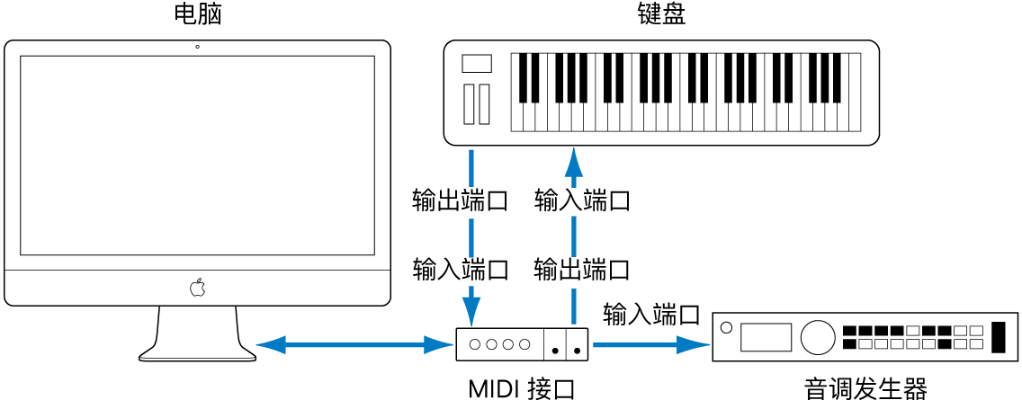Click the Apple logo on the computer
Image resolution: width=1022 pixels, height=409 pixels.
(x=197, y=288)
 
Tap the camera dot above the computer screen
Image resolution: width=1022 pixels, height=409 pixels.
(x=197, y=47)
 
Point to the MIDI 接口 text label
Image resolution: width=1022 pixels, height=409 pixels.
(x=521, y=389)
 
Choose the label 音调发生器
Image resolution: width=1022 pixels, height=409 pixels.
(x=865, y=389)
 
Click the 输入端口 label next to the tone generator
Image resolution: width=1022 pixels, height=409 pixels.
(x=651, y=314)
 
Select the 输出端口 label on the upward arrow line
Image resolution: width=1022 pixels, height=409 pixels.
(x=581, y=268)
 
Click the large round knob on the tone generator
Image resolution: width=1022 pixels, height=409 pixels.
(x=817, y=337)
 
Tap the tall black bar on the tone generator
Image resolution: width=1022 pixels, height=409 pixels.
(x=997, y=336)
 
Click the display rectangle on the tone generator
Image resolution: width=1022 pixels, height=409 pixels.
(x=766, y=337)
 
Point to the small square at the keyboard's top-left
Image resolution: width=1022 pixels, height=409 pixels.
(x=477, y=63)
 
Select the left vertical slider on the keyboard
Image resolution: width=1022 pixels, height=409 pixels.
(x=469, y=103)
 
